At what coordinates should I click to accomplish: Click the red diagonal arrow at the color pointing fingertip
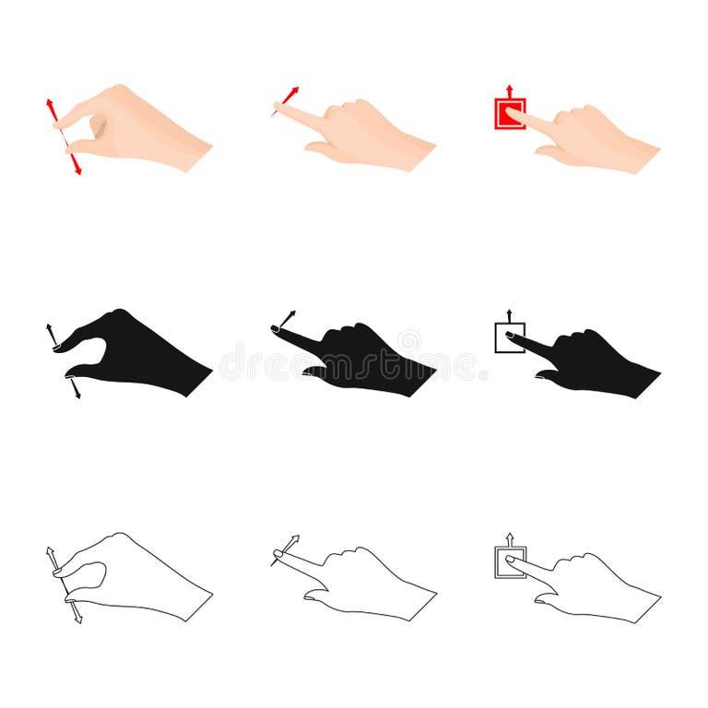(290, 94)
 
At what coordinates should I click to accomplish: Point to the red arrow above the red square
(510, 89)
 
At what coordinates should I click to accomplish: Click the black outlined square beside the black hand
(510, 337)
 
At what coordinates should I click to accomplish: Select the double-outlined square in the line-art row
(509, 561)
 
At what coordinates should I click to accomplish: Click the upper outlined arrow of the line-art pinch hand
(52, 556)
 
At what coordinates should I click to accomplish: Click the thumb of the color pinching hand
(88, 146)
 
